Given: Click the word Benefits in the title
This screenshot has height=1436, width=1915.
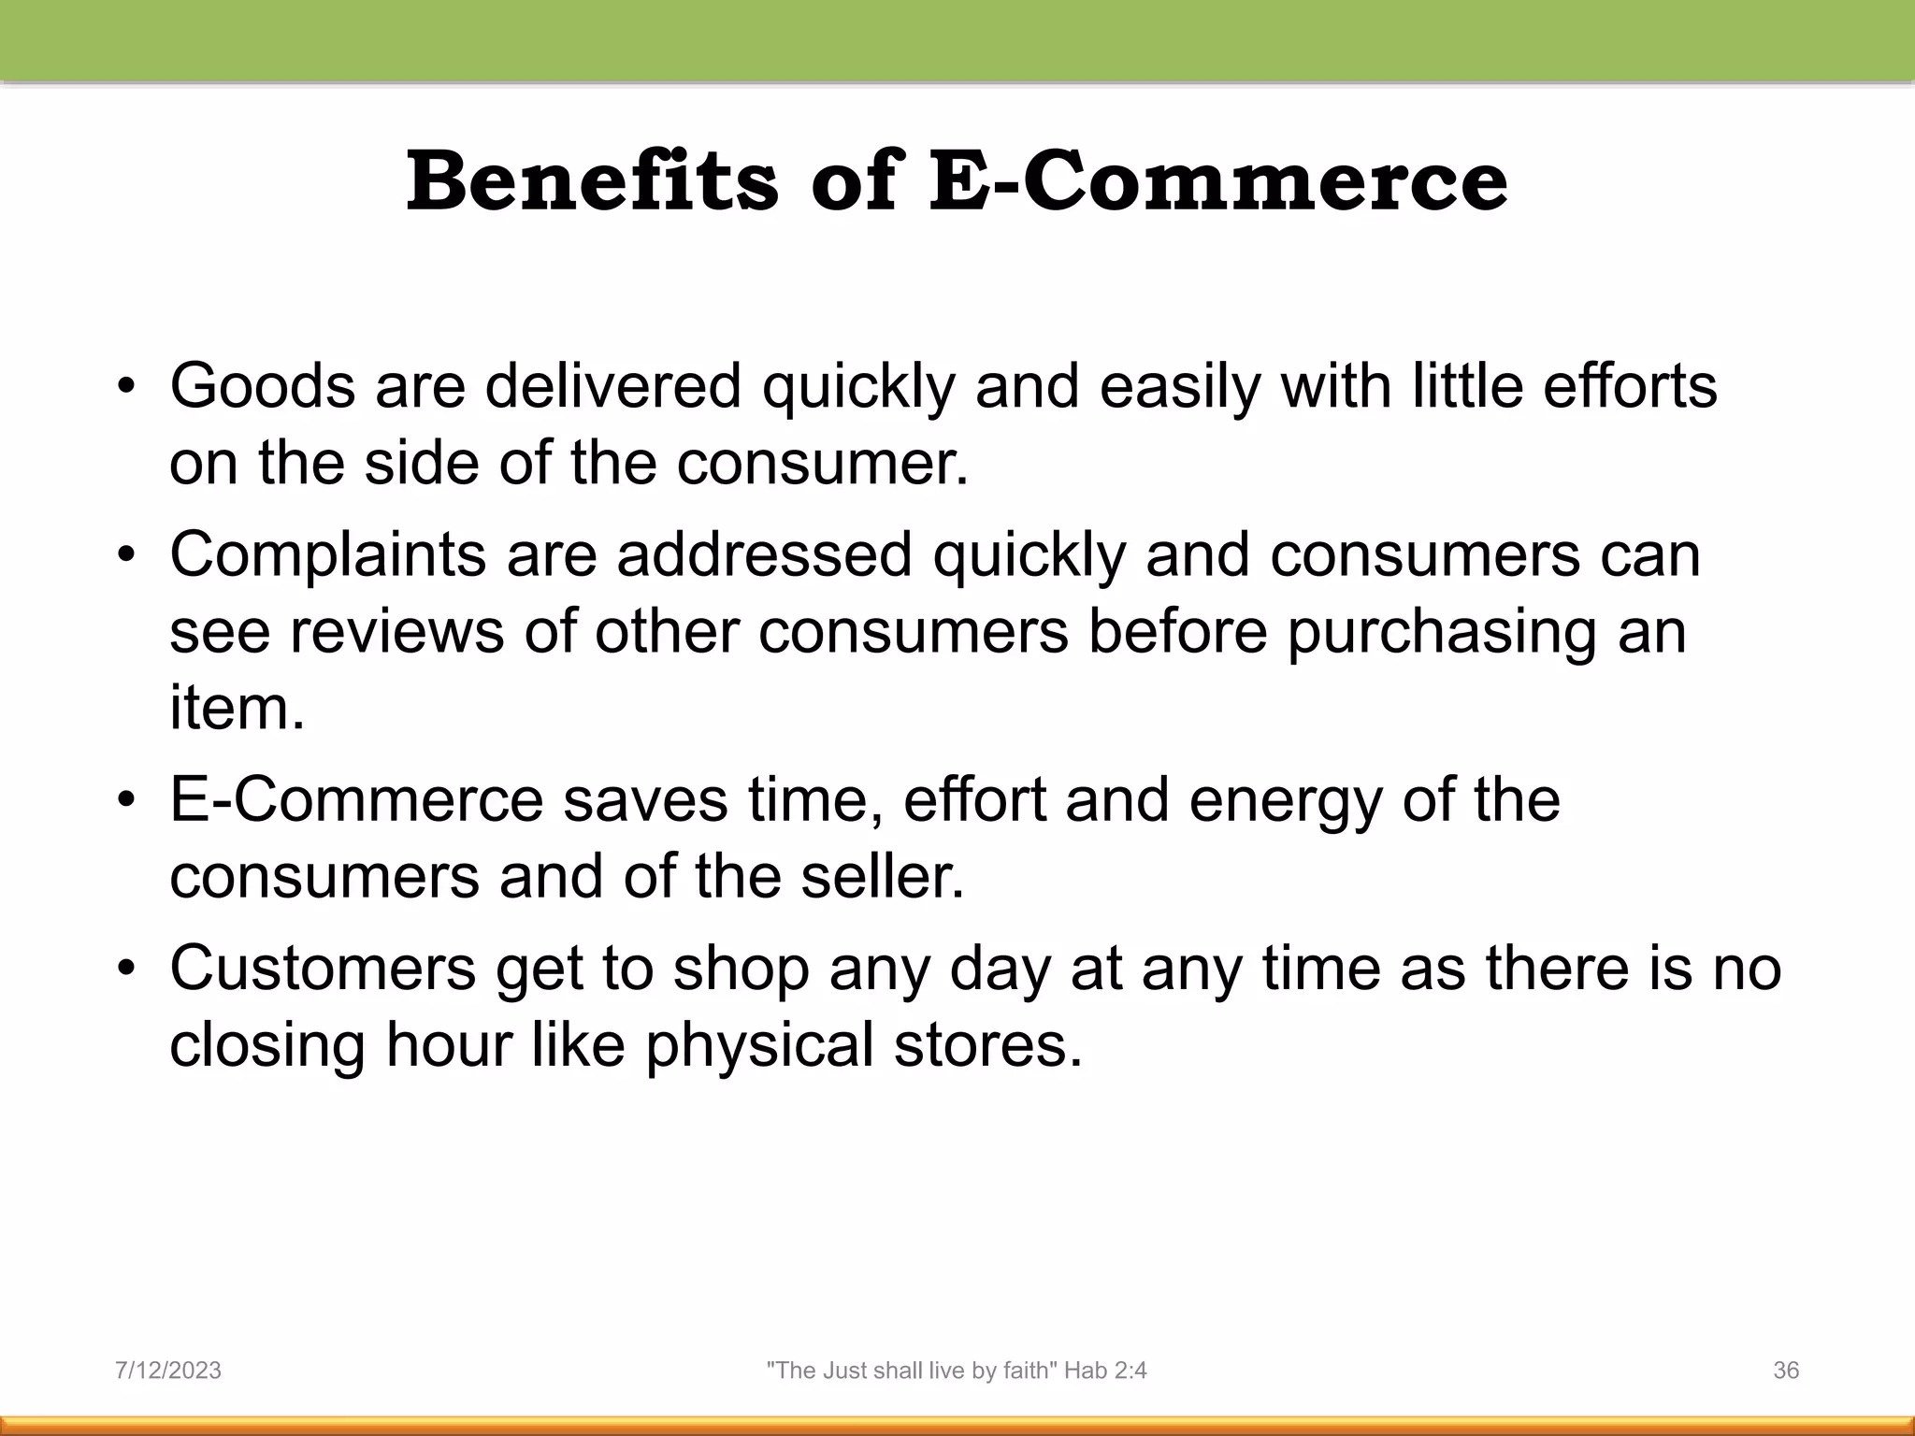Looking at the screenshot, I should coord(591,181).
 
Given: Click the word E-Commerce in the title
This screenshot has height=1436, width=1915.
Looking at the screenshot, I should coord(1217,181).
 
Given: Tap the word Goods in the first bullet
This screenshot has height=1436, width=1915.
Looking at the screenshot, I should coord(262,386).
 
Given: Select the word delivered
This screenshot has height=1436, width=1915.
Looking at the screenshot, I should coord(612,386).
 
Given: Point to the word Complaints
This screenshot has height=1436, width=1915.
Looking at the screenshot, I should coord(327,555).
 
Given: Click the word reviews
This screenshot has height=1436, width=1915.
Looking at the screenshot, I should coord(396,631).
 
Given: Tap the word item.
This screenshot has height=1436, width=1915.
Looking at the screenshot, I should coord(236,708).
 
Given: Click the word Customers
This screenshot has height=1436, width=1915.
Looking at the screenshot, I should coord(323,969).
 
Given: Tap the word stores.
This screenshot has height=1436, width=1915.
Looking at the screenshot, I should coord(987,1044).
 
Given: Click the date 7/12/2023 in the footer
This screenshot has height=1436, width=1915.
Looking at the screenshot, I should coord(168,1371).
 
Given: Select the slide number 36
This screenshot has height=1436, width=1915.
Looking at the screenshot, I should coord(1786,1371).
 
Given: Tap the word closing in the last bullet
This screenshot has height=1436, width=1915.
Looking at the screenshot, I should coord(266,1046).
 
